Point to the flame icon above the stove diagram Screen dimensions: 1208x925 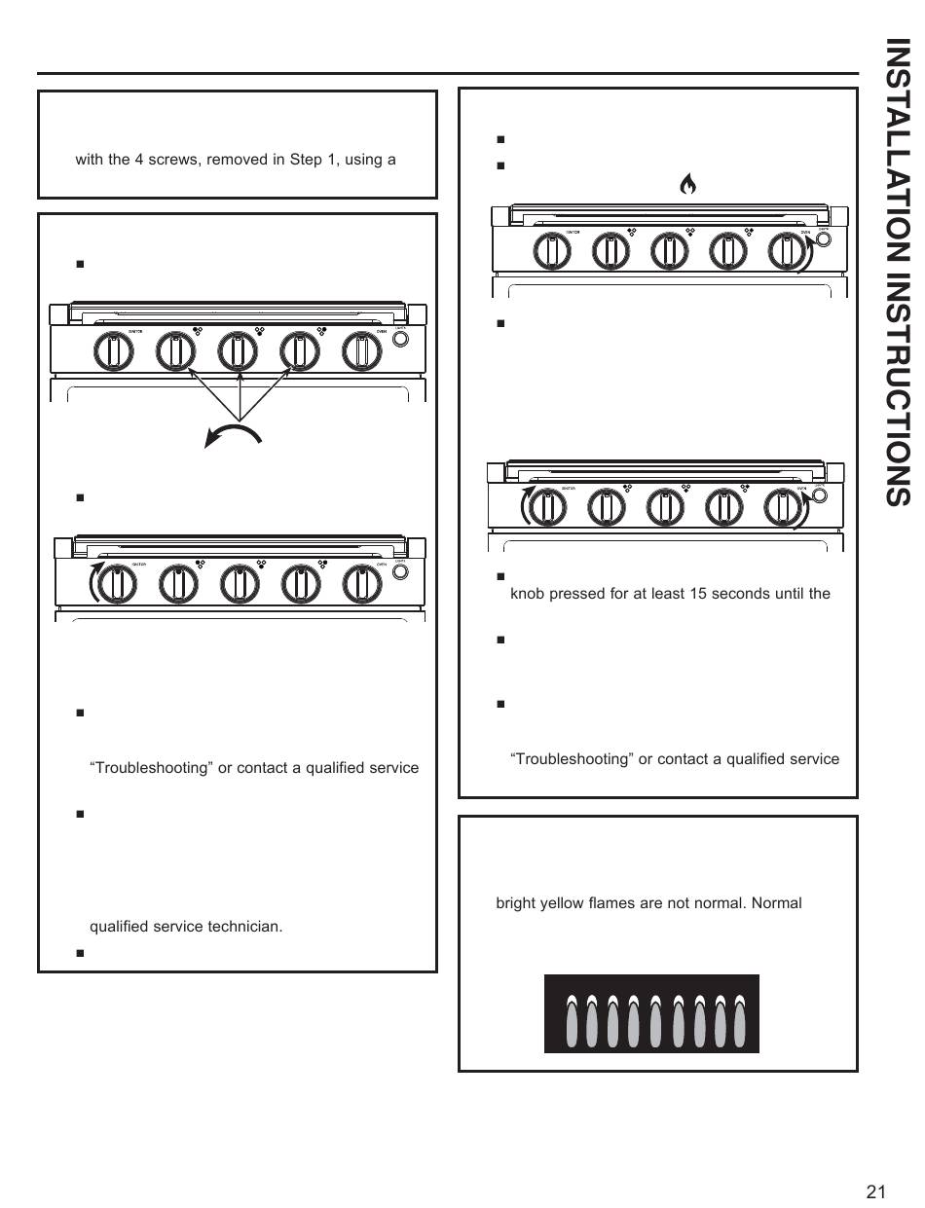[687, 184]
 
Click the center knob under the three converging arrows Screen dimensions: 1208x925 [236, 351]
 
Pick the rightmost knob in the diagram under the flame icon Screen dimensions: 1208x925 [787, 251]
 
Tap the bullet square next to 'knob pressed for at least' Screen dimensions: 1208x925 [500, 576]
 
